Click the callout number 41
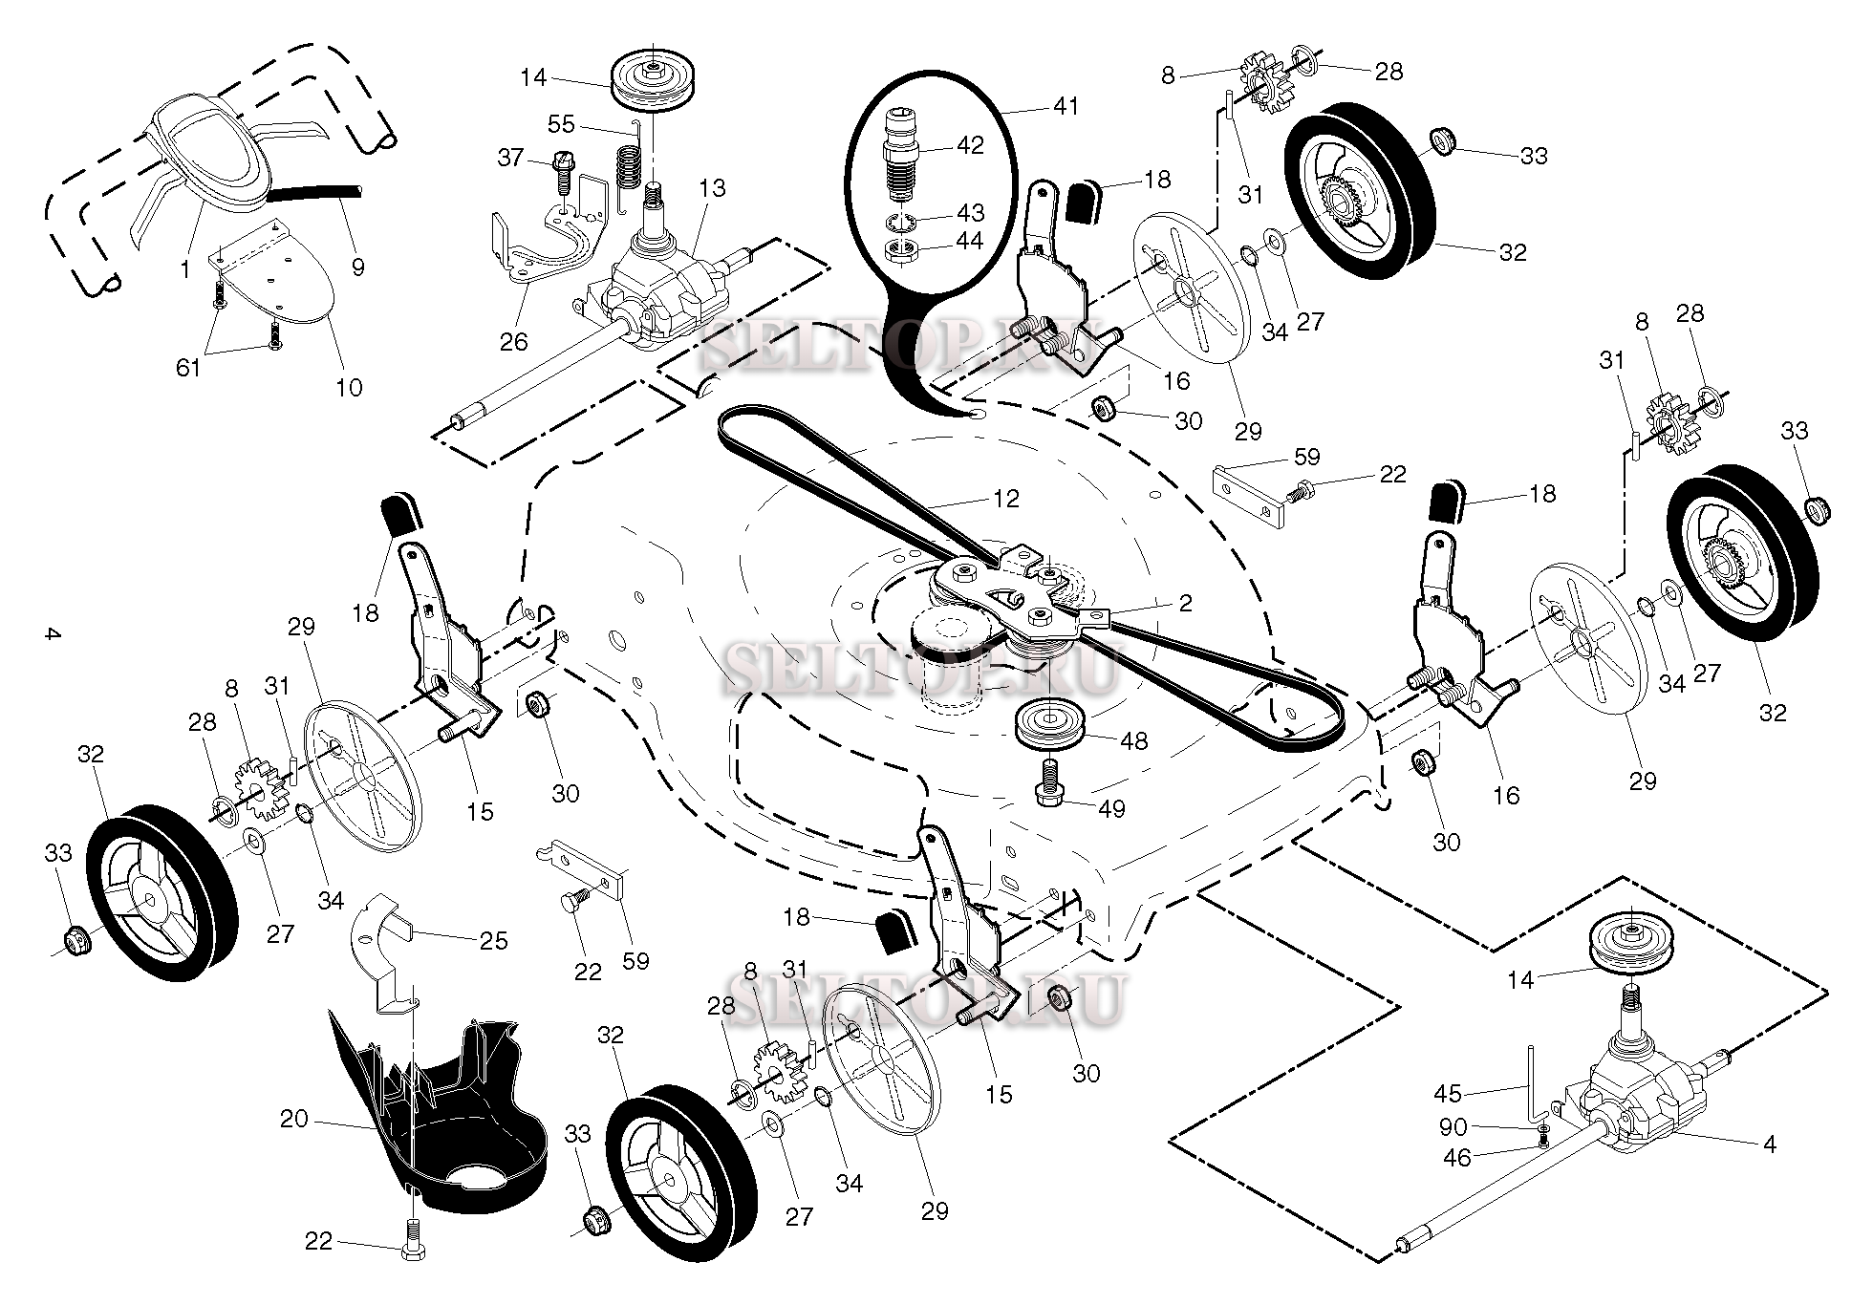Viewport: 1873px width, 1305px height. pos(1066,106)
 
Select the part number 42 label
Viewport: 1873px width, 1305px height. pos(969,145)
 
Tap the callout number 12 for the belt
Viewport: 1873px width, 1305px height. pos(1005,498)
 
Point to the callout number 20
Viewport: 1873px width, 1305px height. pos(294,1118)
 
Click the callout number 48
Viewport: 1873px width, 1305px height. pos(1134,740)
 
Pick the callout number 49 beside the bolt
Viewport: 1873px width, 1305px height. pos(1111,808)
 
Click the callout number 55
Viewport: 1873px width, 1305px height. pos(562,123)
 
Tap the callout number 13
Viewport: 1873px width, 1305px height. pos(712,188)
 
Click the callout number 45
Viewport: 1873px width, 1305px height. pos(1448,1094)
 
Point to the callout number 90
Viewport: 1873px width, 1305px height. pos(1453,1127)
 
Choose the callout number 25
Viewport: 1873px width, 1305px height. pos(493,940)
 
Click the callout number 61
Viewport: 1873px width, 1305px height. pos(188,366)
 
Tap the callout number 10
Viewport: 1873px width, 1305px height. pos(349,387)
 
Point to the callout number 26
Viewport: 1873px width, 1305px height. pos(513,341)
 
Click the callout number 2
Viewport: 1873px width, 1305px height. pos(1186,603)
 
